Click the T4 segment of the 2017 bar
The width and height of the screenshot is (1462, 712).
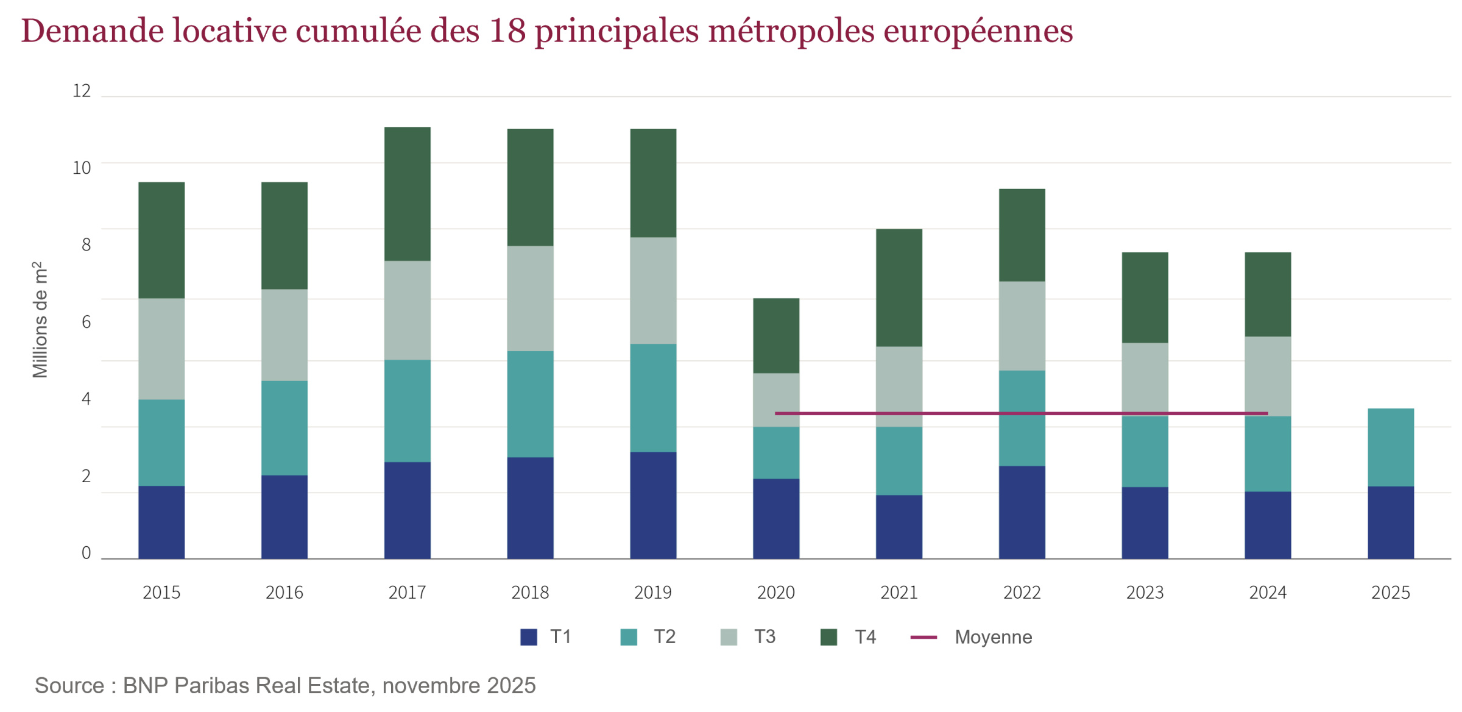click(x=407, y=194)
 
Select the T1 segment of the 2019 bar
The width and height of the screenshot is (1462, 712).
click(x=653, y=505)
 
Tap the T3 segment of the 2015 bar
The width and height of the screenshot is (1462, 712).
click(x=161, y=349)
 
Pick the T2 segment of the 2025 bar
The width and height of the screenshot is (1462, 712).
click(x=1391, y=447)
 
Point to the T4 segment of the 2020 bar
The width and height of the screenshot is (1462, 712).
click(x=776, y=335)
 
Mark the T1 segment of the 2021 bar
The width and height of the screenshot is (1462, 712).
click(x=899, y=527)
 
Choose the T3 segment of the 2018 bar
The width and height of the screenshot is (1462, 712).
click(x=530, y=298)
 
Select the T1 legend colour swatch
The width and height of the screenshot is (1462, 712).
click(x=529, y=637)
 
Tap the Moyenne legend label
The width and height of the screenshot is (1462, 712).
click(x=993, y=637)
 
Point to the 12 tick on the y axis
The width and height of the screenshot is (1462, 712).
click(x=82, y=91)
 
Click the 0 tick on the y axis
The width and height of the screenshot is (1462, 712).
click(x=86, y=553)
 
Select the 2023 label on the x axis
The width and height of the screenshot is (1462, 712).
click(x=1145, y=593)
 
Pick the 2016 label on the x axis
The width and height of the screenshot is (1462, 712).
click(x=284, y=593)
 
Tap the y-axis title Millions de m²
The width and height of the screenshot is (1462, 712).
click(x=40, y=320)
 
